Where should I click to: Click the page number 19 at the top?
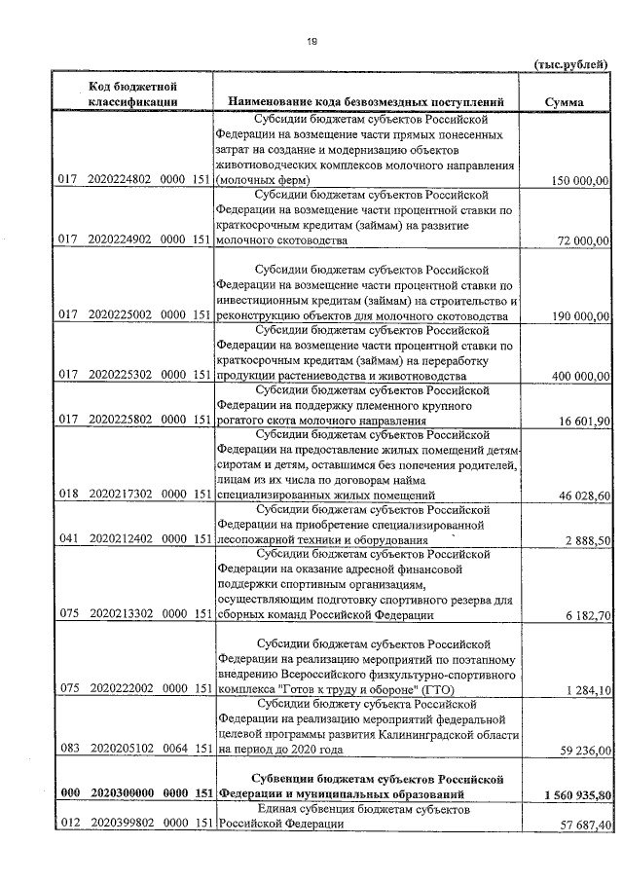[311, 40]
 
